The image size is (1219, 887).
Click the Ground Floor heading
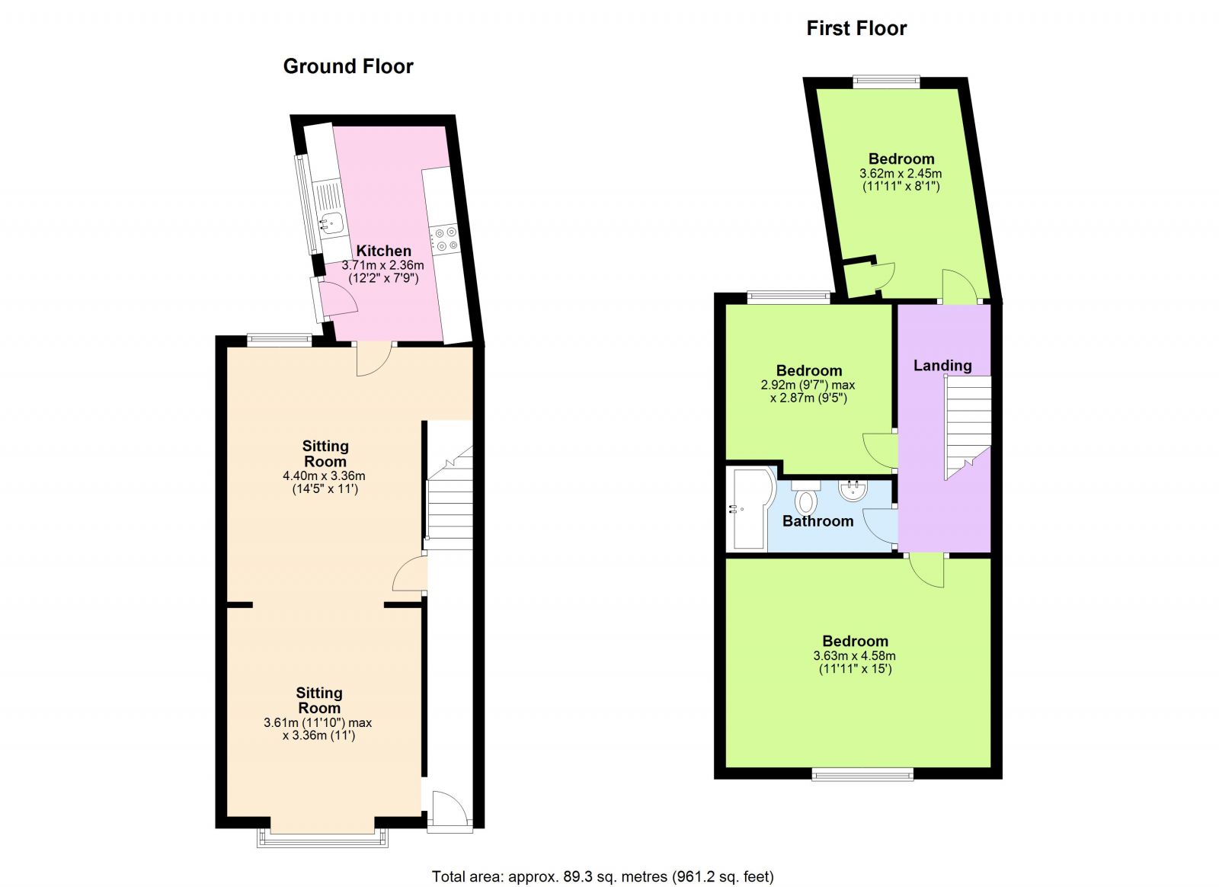click(x=348, y=66)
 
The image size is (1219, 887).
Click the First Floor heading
click(x=856, y=28)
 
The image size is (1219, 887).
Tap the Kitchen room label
click(x=384, y=251)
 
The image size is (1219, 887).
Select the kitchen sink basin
click(x=331, y=223)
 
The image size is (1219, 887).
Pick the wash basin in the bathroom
click(x=853, y=490)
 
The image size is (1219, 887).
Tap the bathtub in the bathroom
click(x=753, y=508)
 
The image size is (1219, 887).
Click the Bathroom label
click(x=817, y=521)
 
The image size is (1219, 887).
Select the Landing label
click(x=942, y=365)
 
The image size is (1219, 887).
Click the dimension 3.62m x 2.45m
click(x=901, y=174)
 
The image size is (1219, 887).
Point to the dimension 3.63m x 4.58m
click(x=854, y=656)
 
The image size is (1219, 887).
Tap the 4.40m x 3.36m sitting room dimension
click(x=324, y=476)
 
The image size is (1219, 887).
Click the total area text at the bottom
click(x=603, y=876)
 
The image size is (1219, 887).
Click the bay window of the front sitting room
click(x=323, y=838)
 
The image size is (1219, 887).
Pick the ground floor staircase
click(x=449, y=496)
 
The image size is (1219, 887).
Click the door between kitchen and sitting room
click(x=374, y=359)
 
